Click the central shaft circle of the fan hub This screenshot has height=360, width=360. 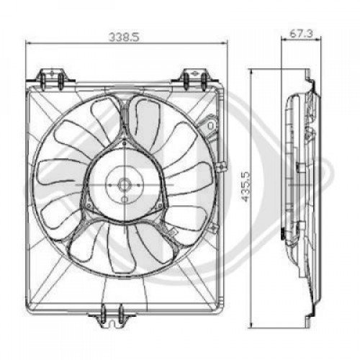point(123,184)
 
